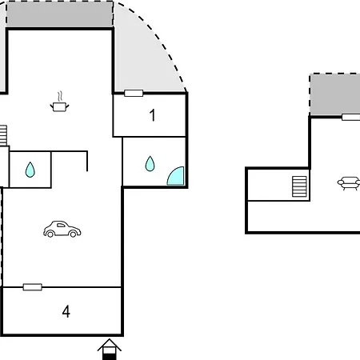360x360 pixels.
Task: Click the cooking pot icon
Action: click(x=59, y=107)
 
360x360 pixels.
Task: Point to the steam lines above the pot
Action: click(x=61, y=97)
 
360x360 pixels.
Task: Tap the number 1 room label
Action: click(x=152, y=115)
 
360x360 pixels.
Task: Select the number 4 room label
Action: click(x=66, y=311)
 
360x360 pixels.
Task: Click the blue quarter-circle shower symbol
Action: click(x=177, y=178)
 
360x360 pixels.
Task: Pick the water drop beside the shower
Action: click(x=150, y=163)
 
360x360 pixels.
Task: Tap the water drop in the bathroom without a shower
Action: click(x=30, y=170)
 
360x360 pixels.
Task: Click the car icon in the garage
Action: click(x=62, y=230)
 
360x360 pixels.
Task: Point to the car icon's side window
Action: click(x=61, y=226)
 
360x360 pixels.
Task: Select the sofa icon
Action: click(x=349, y=183)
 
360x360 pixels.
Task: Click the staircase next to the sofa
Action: click(x=299, y=186)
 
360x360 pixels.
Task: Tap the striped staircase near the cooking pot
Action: click(x=3, y=135)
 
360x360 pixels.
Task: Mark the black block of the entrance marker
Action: click(x=110, y=357)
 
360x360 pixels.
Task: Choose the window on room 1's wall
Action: click(x=134, y=93)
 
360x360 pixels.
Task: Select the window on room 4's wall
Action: click(x=33, y=287)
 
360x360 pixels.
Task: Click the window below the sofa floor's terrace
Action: click(x=351, y=117)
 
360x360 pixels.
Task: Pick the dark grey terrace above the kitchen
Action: click(x=59, y=14)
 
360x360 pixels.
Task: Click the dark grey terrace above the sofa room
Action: click(x=335, y=94)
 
